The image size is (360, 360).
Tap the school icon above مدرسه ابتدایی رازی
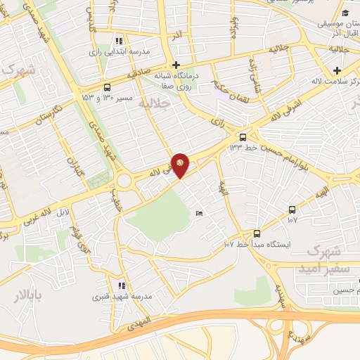tap(119, 40)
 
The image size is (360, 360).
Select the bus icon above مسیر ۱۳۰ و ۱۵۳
tap(106, 88)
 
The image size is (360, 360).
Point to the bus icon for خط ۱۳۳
tap(243, 137)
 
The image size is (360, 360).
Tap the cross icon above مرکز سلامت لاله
tap(337, 70)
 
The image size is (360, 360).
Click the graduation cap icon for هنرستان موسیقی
tap(345, 14)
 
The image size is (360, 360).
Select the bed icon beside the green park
tap(200, 213)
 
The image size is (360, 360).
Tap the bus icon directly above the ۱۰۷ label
tap(292, 210)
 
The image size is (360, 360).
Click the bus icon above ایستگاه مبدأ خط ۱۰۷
tap(257, 233)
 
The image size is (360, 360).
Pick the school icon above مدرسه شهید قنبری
tap(122, 285)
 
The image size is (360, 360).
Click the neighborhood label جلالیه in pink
tap(155, 103)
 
